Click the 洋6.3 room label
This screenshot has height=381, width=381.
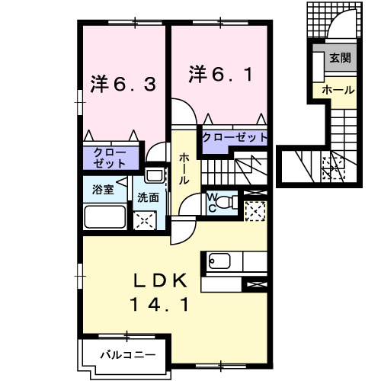pos(125,83)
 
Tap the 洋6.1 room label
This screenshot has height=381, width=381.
pos(218,75)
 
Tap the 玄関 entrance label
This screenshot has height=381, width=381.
pos(338,58)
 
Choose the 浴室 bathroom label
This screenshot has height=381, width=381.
pos(104,189)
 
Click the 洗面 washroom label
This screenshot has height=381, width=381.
pos(148,197)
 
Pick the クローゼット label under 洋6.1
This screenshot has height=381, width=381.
pos(235,138)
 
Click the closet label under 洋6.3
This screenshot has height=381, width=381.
pos(110,158)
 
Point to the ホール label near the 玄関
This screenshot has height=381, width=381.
pos(338,90)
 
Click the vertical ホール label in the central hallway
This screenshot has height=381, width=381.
pos(184,170)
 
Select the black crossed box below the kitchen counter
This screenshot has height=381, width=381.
pos(255,285)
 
